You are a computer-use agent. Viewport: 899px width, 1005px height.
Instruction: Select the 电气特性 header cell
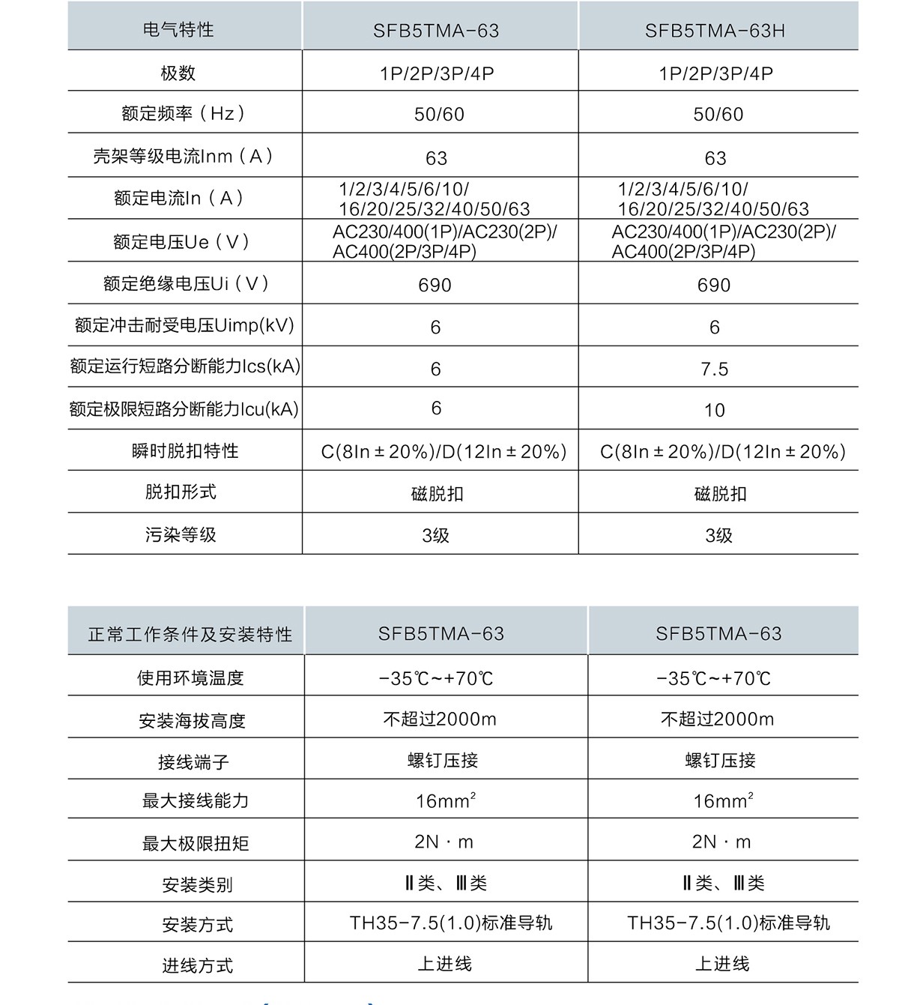(x=178, y=30)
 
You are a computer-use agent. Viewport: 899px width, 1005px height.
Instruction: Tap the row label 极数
(x=178, y=73)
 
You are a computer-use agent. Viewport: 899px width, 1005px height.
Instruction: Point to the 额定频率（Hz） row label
(x=184, y=114)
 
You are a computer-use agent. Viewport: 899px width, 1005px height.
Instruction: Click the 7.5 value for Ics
(x=715, y=369)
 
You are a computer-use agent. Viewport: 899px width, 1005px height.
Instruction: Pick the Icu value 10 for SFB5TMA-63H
(x=715, y=411)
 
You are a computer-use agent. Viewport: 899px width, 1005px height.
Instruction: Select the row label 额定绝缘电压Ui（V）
(x=186, y=284)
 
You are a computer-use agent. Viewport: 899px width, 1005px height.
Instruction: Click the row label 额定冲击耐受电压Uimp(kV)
(x=184, y=326)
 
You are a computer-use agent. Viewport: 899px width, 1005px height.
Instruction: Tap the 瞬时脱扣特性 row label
(x=184, y=451)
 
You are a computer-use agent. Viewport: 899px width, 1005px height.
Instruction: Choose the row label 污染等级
(x=181, y=535)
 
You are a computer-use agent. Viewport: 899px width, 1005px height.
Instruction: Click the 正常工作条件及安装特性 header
(x=190, y=635)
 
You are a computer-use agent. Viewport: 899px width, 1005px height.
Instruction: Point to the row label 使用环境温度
(x=190, y=678)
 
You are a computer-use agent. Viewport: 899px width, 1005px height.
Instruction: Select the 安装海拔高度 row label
(x=192, y=721)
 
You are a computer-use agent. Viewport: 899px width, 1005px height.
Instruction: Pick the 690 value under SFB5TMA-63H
(x=714, y=286)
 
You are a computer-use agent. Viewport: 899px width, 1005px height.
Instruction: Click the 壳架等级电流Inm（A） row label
(x=183, y=157)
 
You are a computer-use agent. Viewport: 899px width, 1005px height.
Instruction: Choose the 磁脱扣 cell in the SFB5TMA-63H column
(x=720, y=494)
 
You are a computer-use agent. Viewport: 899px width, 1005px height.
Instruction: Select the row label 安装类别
(x=197, y=885)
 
